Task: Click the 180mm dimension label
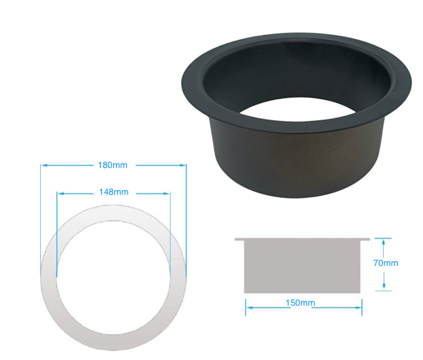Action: point(113,165)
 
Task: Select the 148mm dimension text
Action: point(113,192)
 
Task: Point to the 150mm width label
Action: point(300,303)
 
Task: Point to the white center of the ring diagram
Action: point(113,274)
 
